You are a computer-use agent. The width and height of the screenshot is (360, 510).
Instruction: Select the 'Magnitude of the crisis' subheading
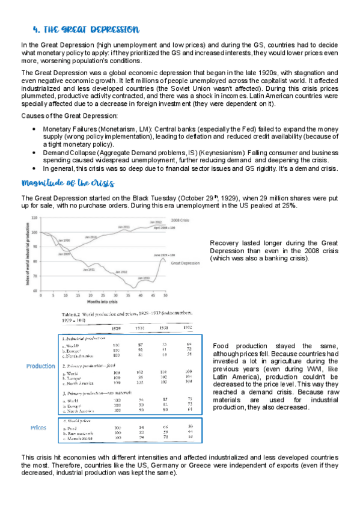click(x=68, y=183)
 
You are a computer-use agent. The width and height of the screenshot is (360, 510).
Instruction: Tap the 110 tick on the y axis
click(x=34, y=218)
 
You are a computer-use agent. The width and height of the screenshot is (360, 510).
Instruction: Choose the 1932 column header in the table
click(x=188, y=328)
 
